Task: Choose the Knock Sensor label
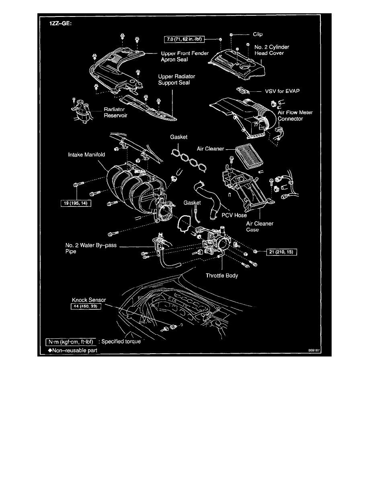[86, 300]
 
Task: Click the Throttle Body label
[222, 276]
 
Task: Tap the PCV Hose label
[234, 215]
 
